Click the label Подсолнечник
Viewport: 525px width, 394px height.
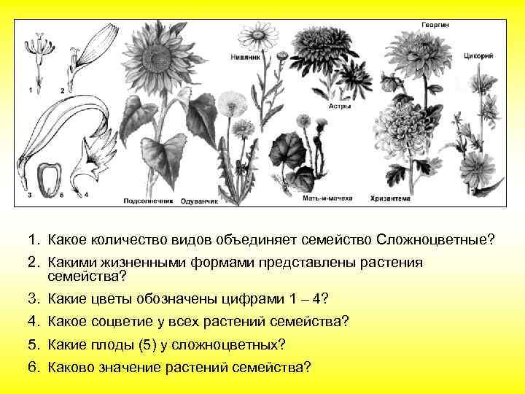(x=147, y=200)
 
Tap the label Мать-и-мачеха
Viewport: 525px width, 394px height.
(x=322, y=198)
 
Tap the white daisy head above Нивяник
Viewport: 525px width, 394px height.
(x=257, y=35)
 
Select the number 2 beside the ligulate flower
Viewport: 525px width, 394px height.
(x=62, y=90)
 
